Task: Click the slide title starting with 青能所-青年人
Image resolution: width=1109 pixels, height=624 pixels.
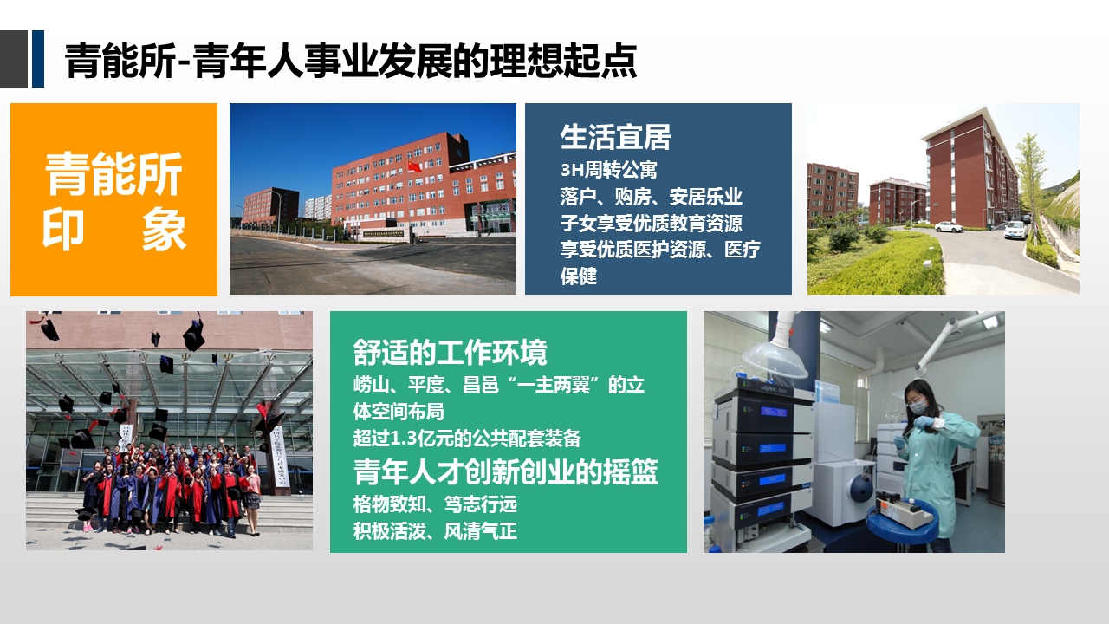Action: click(x=351, y=61)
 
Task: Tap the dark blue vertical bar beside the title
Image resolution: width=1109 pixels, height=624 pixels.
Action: click(x=38, y=59)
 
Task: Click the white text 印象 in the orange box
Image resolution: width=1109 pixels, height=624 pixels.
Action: click(x=113, y=230)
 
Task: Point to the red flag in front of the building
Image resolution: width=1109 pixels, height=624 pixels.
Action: click(x=414, y=166)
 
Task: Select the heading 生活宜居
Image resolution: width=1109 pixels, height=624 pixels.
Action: click(x=615, y=137)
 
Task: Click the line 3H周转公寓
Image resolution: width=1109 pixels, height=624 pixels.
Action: click(x=608, y=171)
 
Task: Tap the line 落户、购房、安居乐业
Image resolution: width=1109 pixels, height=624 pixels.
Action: click(x=651, y=197)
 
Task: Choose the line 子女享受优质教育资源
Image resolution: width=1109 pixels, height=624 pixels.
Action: click(x=651, y=223)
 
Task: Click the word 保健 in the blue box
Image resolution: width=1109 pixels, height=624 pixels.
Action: click(x=579, y=276)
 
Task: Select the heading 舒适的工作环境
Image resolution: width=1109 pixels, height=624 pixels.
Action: click(x=450, y=353)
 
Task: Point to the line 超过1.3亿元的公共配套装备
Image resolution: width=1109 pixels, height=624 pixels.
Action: click(x=467, y=439)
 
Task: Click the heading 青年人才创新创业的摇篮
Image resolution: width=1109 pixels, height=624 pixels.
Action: click(x=505, y=472)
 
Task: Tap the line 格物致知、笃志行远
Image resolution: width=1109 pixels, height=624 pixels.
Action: click(x=435, y=504)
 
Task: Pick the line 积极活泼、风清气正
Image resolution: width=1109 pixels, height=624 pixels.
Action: click(x=435, y=531)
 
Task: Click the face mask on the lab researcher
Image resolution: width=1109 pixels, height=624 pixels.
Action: click(x=918, y=406)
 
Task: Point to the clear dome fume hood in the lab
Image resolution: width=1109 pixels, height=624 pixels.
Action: click(x=775, y=361)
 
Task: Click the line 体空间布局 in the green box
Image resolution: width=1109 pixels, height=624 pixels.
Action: click(x=399, y=412)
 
